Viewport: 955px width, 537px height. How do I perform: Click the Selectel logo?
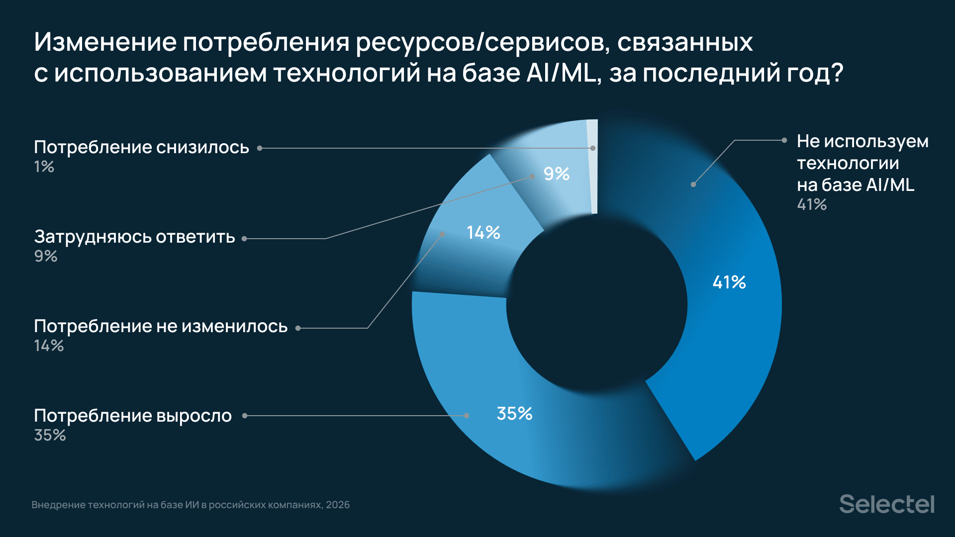(x=886, y=504)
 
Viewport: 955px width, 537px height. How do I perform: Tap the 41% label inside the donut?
(x=729, y=282)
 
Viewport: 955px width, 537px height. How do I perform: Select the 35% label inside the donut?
(x=514, y=414)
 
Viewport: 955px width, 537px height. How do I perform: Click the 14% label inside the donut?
(x=483, y=232)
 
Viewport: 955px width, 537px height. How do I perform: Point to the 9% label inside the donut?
(x=556, y=174)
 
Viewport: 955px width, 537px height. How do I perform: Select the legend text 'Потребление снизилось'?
(x=141, y=147)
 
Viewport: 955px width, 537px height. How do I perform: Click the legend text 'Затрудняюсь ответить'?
(x=134, y=237)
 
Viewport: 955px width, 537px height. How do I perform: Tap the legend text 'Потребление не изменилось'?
(x=161, y=326)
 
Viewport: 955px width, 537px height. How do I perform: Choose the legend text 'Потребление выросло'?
(x=133, y=416)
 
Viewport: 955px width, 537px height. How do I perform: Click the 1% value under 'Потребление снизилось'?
(x=44, y=167)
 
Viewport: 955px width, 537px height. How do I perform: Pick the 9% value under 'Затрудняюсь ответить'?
(x=45, y=256)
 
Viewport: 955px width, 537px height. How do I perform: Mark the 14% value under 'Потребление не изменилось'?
(x=49, y=346)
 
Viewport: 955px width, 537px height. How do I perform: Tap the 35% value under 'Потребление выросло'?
(x=50, y=435)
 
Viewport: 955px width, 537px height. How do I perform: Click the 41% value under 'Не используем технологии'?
(x=812, y=204)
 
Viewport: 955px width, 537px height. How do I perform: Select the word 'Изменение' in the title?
(x=105, y=42)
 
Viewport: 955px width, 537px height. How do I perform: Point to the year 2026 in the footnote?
(x=338, y=505)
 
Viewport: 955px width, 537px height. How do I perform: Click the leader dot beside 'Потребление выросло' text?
(x=245, y=416)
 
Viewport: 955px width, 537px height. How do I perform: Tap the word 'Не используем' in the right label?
(x=862, y=141)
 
